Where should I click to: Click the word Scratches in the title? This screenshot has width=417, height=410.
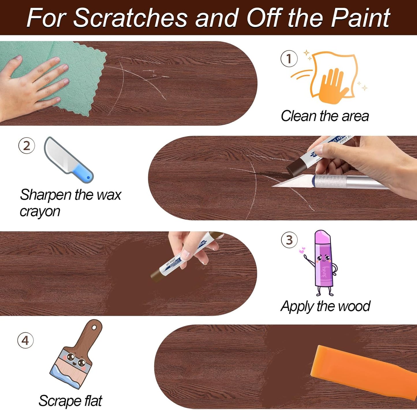coord(130,18)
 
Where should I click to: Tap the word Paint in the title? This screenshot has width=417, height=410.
coord(360,18)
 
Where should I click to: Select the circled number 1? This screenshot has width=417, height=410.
coord(289,59)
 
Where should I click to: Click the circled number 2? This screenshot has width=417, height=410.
coord(27,146)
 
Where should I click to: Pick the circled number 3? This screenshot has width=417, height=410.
coord(289,240)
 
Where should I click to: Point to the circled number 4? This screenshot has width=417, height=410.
coord(25,340)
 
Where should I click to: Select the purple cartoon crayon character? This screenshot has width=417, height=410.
coord(324,263)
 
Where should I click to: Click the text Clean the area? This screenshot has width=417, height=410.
coord(325,116)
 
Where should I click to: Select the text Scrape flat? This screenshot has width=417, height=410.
coord(70,401)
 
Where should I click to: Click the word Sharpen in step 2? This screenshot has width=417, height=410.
coord(46,195)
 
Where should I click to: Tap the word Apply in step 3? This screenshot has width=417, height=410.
coord(297,307)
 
